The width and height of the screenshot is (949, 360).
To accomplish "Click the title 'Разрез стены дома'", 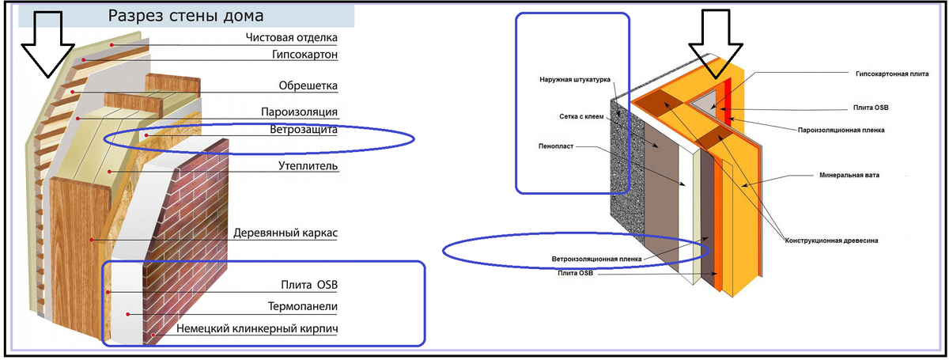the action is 186,16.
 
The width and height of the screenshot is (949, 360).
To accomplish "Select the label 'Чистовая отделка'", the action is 292,38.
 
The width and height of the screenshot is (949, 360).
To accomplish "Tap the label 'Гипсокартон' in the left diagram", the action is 304,55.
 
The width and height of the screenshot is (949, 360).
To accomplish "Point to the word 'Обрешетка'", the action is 308,85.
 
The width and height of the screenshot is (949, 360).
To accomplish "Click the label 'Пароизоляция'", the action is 299,112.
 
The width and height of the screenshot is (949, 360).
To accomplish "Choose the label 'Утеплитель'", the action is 308,166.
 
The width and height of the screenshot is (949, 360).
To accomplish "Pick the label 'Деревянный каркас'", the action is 285,233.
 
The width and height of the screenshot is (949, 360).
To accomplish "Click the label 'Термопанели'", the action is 302,306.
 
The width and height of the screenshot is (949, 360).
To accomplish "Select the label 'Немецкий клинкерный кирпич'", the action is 257,328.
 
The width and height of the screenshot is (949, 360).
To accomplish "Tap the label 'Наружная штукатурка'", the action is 575,79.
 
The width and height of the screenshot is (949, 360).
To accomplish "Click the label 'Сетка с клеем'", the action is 581,116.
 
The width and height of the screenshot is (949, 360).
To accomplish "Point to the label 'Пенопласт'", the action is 556,146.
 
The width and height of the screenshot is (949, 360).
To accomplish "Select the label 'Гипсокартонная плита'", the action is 892,74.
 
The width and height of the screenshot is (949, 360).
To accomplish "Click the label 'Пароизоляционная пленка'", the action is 841,131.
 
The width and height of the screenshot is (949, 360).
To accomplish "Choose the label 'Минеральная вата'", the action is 849,175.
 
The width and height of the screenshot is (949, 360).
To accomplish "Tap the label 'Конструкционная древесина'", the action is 831,241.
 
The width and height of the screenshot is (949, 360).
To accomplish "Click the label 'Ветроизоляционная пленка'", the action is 596,259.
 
